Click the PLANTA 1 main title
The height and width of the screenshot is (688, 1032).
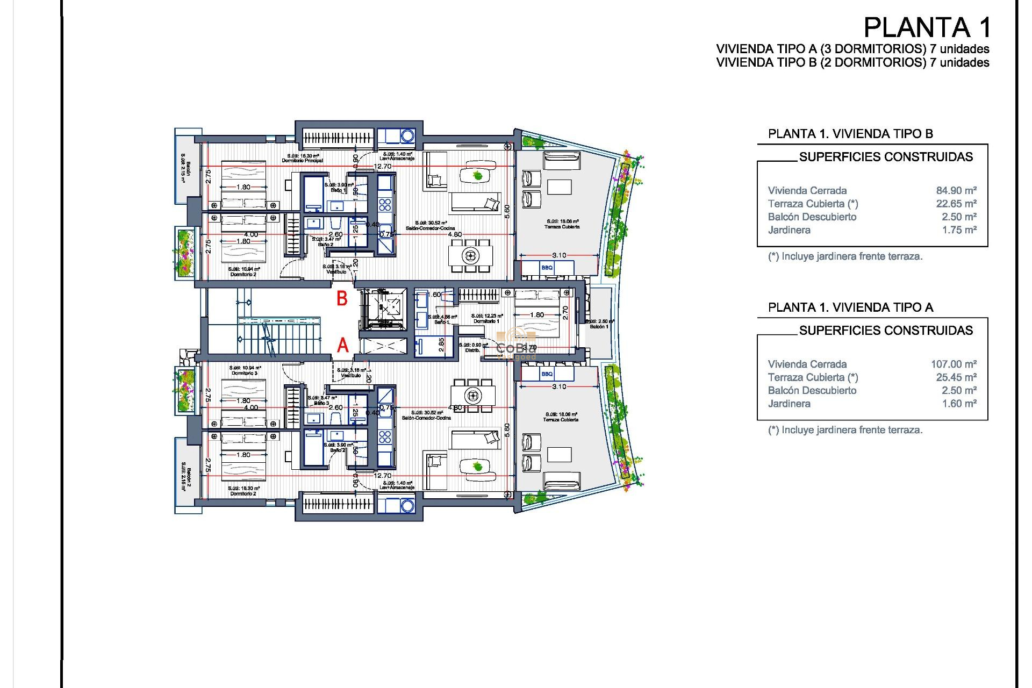point(926,27)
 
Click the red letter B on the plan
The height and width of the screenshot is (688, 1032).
point(342,299)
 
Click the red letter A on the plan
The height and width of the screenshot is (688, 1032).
point(342,345)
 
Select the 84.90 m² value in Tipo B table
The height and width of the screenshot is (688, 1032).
point(956,190)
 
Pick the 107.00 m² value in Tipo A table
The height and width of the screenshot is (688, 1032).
point(954,364)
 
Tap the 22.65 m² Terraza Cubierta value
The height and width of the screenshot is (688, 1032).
point(956,204)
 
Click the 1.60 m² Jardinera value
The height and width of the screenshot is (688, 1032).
point(958,404)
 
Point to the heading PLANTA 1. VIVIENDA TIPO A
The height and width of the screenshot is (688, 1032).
point(850,307)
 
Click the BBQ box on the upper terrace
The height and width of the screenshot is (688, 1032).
point(547,268)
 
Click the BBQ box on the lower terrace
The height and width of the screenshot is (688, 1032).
point(547,374)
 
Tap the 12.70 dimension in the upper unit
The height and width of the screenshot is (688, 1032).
point(383,166)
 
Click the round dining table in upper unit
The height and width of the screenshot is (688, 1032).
point(471,255)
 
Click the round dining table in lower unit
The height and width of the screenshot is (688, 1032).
point(473,396)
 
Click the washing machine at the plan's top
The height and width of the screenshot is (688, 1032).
point(407,136)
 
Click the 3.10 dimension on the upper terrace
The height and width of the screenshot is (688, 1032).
point(559,255)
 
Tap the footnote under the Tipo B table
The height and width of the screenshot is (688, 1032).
point(845,256)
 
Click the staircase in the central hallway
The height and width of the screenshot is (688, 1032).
point(279,334)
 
